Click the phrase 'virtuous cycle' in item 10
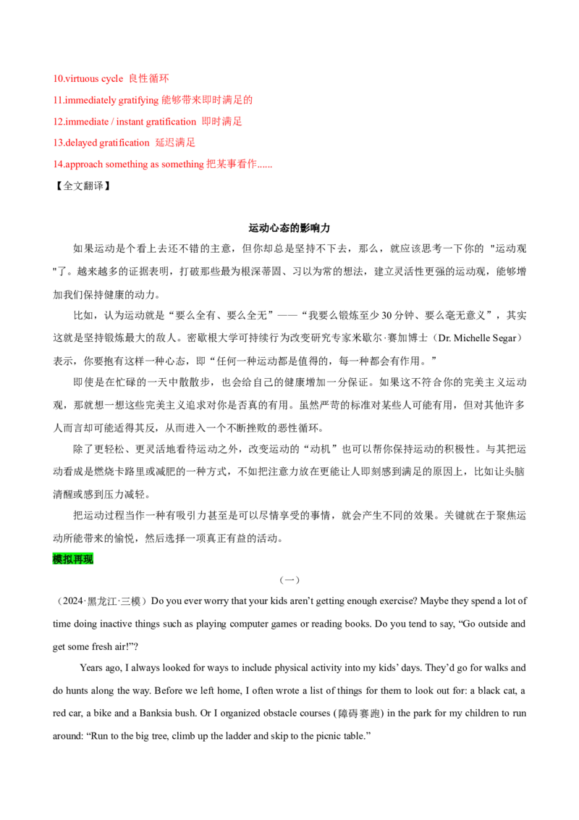[x=94, y=78]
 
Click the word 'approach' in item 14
[x=84, y=164]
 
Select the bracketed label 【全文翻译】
[x=82, y=185]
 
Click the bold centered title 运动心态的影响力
[x=289, y=228]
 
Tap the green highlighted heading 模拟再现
[x=72, y=559]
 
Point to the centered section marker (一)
[x=289, y=580]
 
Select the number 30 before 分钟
[x=386, y=315]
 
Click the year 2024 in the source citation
[x=72, y=601]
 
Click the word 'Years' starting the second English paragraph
[x=91, y=668]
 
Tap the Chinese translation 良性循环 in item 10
[x=149, y=78]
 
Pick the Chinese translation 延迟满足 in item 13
[x=175, y=142]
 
